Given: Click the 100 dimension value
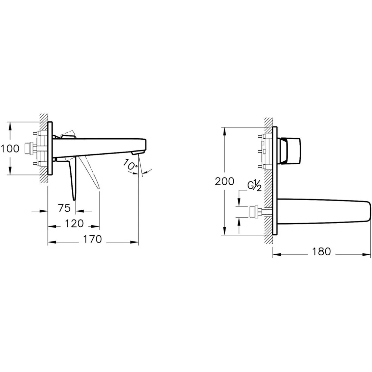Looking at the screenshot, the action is coord(10,149).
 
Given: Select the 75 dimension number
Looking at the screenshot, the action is coord(65,208).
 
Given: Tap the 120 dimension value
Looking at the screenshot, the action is coord(74,224).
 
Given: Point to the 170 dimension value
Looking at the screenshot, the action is coord(92,239).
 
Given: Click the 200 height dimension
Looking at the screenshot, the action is coord(225,181).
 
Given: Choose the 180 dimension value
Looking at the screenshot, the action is coord(321,252).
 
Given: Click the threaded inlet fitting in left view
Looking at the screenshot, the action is coord(29,149).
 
